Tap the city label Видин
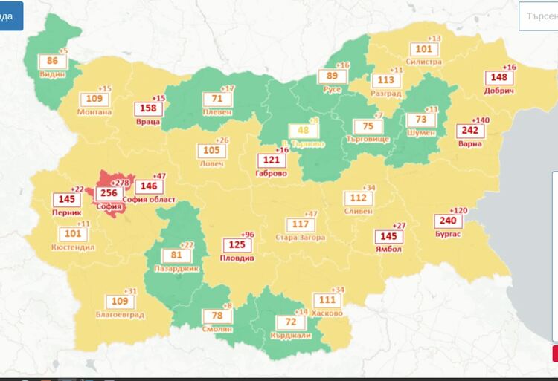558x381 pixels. click(53, 74)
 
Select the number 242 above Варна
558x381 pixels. click(472, 131)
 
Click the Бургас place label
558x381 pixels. click(448, 234)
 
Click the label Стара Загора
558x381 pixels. click(301, 238)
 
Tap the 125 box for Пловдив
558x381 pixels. click(237, 244)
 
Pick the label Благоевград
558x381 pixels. click(119, 314)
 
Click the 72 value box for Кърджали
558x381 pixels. click(291, 322)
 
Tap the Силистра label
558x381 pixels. click(424, 62)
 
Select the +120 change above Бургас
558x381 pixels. click(460, 210)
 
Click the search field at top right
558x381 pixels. click(539, 16)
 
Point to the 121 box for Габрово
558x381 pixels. click(269, 160)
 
